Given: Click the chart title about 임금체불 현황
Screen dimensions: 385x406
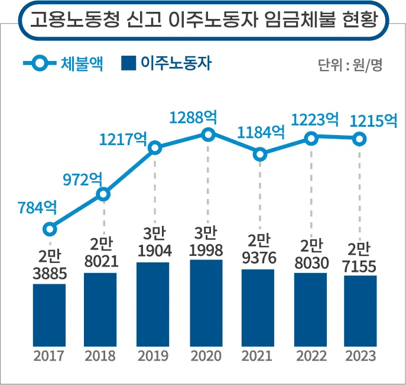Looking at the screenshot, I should tap(203, 22).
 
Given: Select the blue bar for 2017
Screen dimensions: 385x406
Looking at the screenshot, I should tap(49, 314).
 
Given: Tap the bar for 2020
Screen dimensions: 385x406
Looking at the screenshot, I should tap(206, 302).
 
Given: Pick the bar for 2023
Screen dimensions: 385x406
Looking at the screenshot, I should tap(360, 310).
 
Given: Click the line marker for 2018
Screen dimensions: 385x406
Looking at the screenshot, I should tap(103, 194).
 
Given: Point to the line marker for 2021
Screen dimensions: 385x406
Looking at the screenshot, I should tap(260, 155).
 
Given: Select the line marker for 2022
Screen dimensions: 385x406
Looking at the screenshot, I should tap(310, 139).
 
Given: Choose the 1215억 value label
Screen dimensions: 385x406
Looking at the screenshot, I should tap(373, 121).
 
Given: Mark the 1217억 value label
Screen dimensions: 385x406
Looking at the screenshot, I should tap(123, 139).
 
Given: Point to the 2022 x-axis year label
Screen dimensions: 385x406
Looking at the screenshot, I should tap(309, 356).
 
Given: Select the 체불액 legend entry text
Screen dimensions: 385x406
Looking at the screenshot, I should tap(82, 64).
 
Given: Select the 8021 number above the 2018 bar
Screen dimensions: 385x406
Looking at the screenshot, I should tap(101, 262).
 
